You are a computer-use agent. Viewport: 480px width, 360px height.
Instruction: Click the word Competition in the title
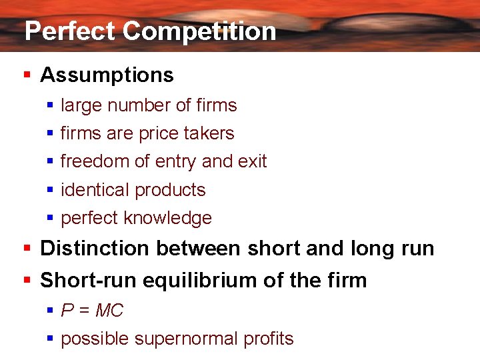(x=199, y=31)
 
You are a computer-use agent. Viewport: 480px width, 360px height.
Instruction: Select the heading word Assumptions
(x=107, y=75)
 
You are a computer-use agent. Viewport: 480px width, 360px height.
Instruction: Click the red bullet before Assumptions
(x=27, y=75)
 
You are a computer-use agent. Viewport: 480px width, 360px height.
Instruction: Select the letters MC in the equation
(x=110, y=311)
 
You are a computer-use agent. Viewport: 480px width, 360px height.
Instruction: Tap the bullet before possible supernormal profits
(x=50, y=339)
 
